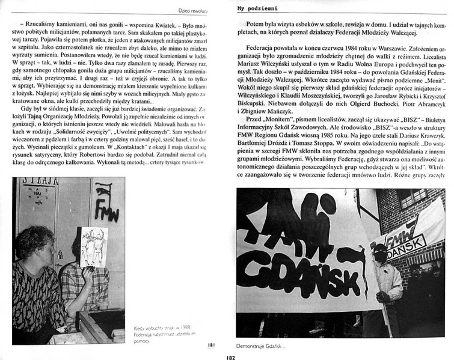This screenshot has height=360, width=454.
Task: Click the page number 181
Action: pos(210,344)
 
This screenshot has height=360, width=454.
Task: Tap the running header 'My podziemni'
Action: pos(252,9)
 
